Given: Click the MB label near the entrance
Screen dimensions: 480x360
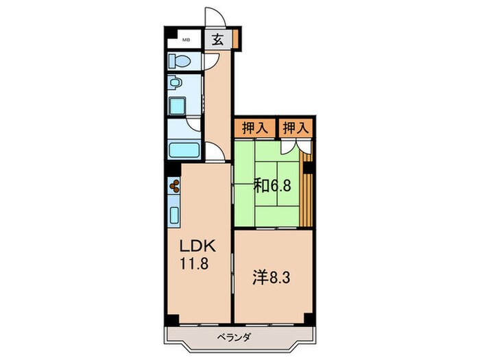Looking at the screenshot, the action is (x=186, y=40).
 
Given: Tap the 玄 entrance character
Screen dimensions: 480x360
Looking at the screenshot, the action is (x=217, y=40).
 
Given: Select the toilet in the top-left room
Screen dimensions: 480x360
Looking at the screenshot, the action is (x=180, y=61).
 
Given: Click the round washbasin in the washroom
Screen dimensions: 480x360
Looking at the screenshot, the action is (x=175, y=83).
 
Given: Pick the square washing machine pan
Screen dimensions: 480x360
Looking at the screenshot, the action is (x=177, y=106).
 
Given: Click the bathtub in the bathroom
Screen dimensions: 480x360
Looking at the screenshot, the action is (x=184, y=150).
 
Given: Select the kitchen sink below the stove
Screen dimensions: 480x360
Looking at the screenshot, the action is (x=174, y=215).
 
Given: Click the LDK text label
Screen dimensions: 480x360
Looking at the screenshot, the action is (x=197, y=245).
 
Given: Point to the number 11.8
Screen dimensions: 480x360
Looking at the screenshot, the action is (x=194, y=263).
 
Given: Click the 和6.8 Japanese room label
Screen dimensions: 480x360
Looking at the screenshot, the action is (x=272, y=185).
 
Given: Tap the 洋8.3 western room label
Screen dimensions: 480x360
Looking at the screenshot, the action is (x=272, y=277).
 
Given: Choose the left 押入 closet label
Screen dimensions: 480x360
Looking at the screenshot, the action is (x=255, y=128).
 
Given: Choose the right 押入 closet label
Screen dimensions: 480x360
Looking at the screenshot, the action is (x=296, y=128).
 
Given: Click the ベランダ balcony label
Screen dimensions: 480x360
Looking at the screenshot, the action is (x=235, y=337).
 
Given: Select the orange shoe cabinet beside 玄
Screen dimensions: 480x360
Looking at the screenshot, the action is (x=235, y=38).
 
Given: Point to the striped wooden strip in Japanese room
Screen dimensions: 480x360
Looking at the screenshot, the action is (x=307, y=189).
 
